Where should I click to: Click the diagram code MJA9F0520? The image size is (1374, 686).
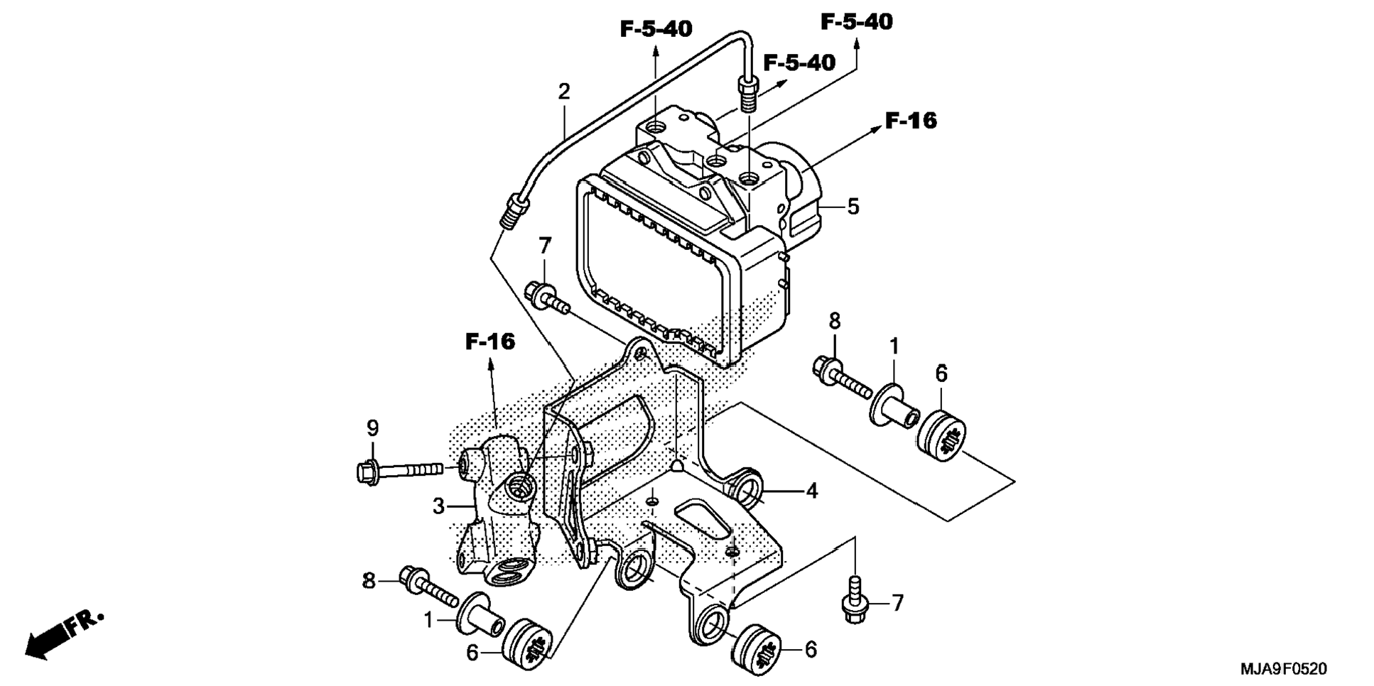1283,669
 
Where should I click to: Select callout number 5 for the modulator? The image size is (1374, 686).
853,207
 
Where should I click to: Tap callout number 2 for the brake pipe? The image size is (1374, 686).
564,92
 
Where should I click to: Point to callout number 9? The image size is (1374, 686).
372,428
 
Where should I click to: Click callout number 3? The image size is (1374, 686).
438,506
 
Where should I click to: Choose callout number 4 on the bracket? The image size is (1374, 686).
811,491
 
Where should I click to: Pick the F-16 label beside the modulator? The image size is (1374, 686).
911,121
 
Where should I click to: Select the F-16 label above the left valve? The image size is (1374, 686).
490,342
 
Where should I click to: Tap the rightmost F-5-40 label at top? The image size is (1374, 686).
856,22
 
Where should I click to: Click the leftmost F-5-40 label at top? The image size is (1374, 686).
656,29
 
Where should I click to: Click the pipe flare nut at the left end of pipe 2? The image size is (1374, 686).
512,211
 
